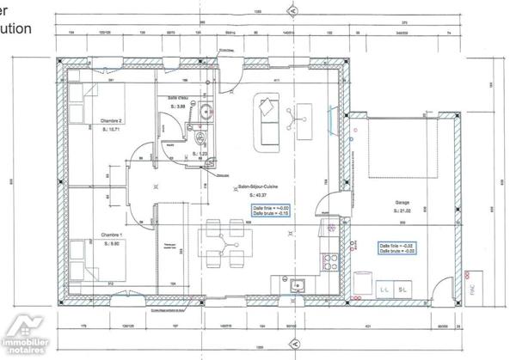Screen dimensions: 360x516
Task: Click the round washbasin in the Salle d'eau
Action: (206, 111)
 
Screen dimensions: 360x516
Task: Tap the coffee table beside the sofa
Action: (303, 120)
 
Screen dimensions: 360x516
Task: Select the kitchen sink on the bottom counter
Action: (298, 285)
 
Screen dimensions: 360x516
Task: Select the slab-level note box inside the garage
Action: (398, 247)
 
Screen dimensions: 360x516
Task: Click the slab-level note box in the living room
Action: (270, 211)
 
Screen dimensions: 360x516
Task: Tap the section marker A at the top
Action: (292, 10)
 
